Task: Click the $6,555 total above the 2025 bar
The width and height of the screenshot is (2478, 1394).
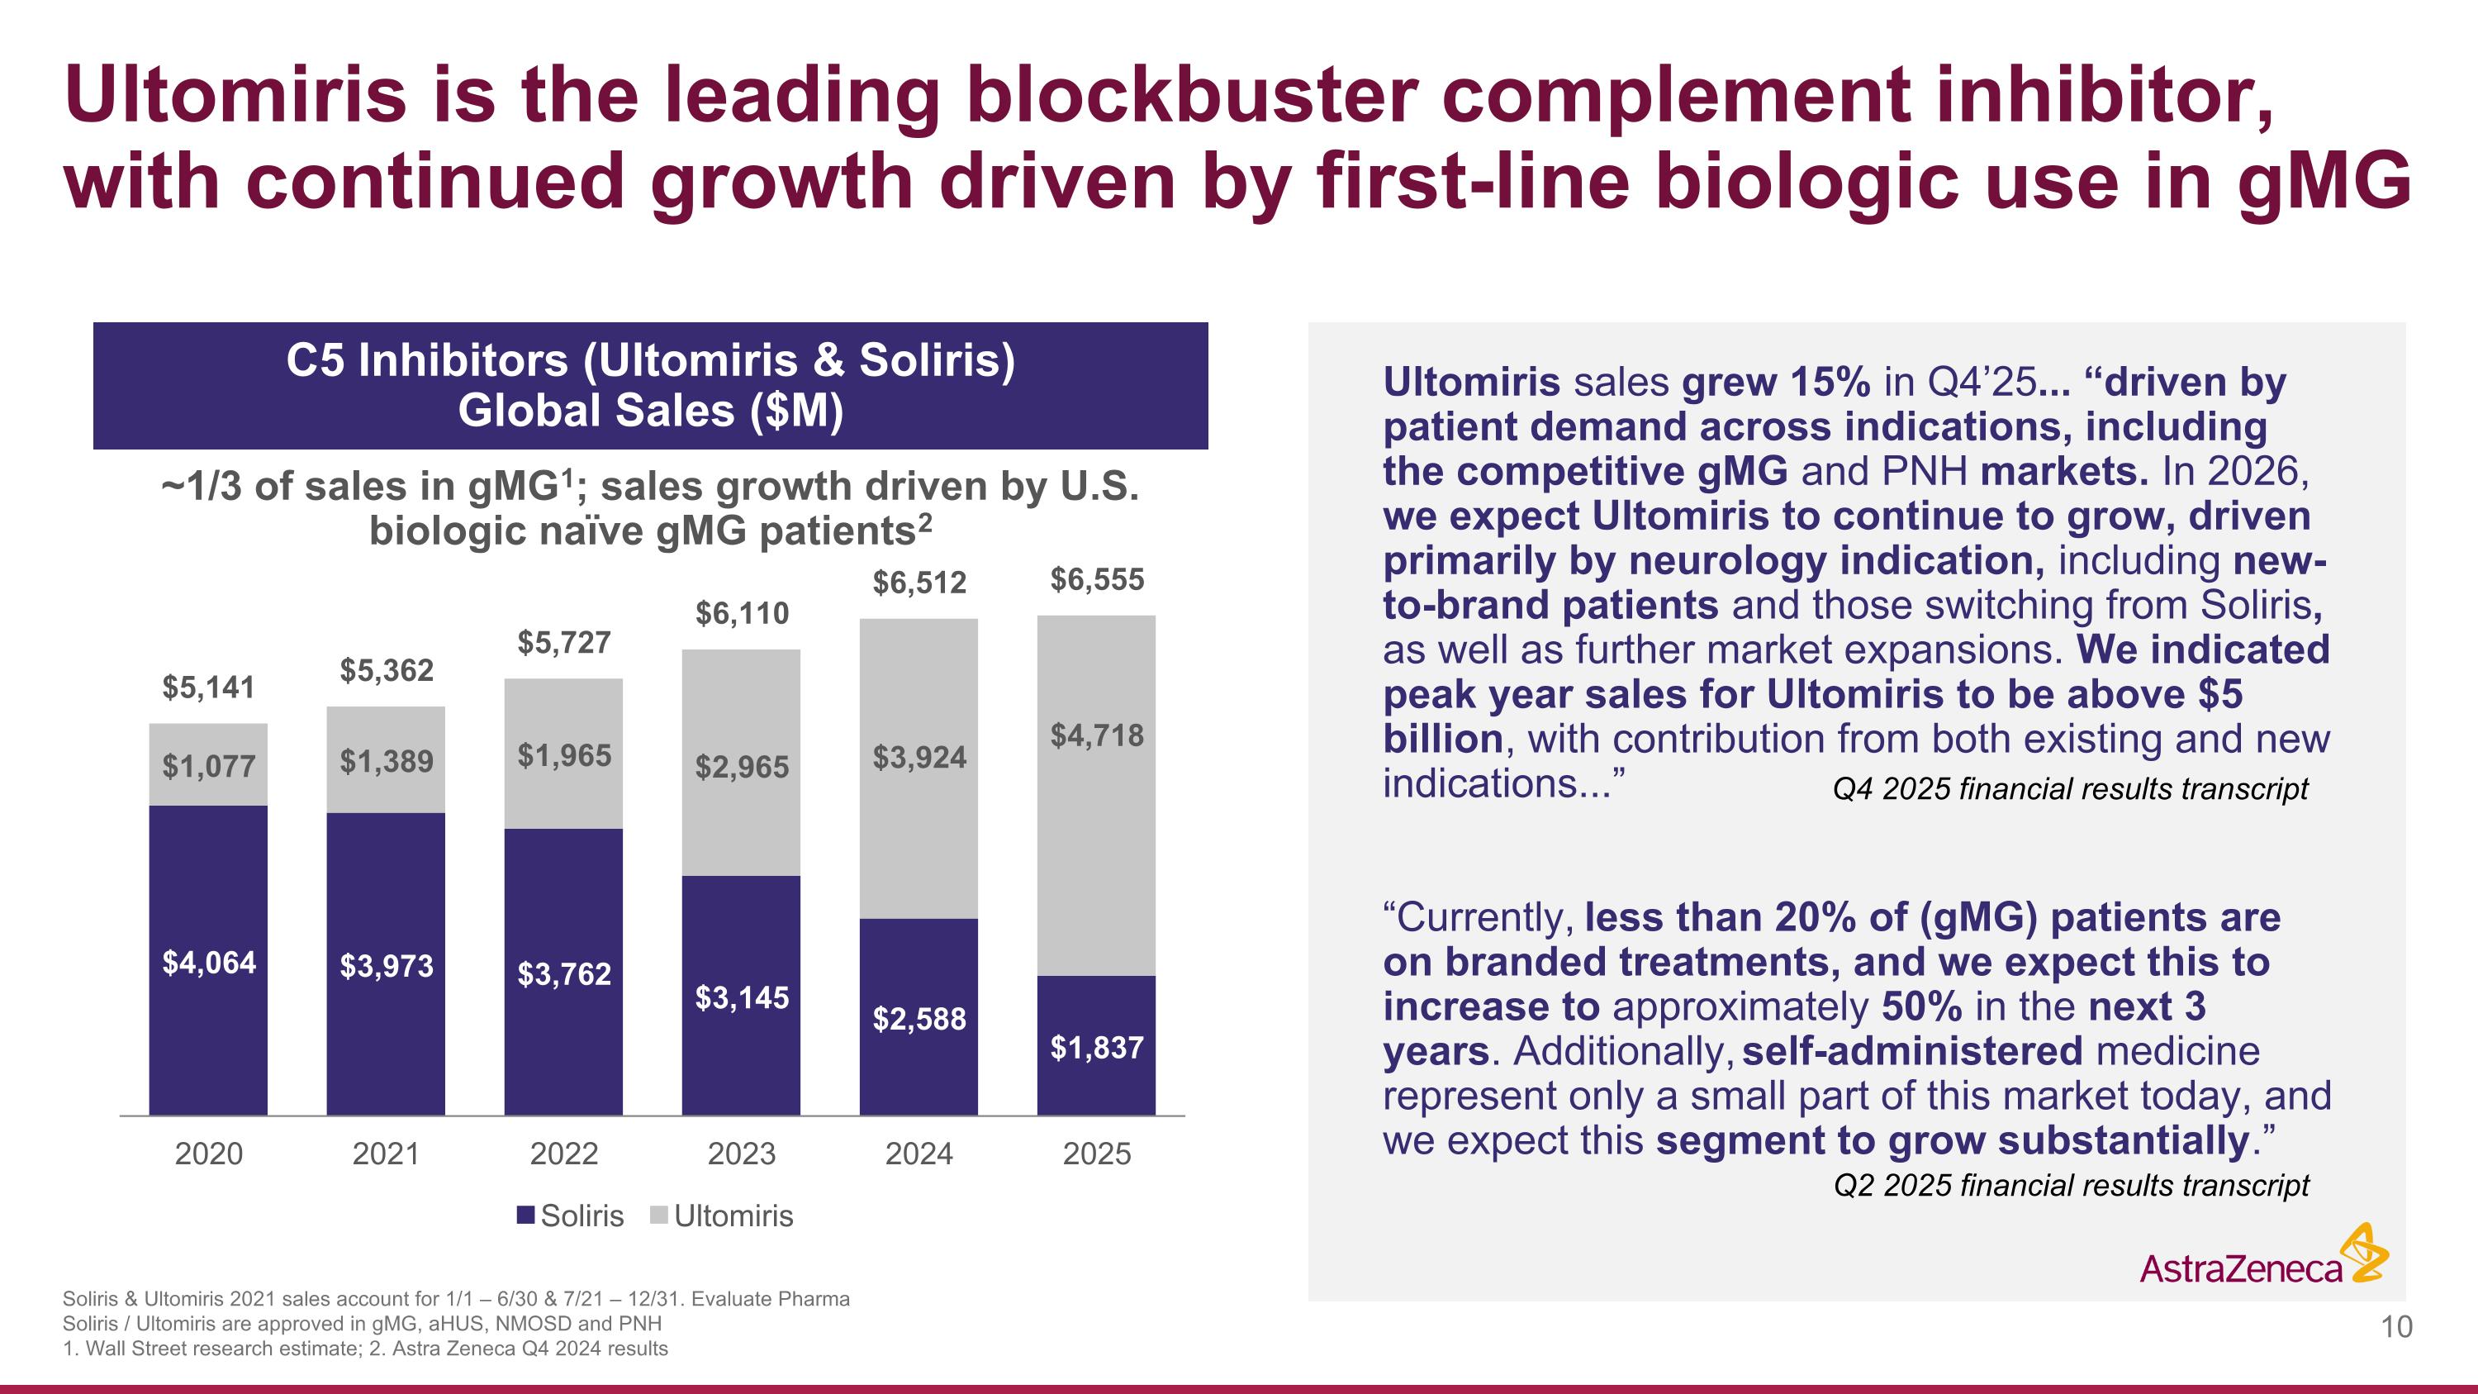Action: (1097, 580)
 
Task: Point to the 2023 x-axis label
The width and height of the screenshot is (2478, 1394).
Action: (742, 1154)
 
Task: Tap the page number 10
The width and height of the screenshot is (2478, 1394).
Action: (2396, 1328)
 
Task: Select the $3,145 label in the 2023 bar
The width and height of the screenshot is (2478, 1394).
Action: (742, 998)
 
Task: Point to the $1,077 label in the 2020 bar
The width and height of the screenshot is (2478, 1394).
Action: (208, 767)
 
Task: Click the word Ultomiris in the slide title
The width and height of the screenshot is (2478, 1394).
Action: (235, 95)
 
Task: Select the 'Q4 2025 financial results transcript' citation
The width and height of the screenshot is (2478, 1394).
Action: (2070, 790)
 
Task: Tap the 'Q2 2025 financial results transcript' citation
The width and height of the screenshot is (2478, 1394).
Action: (2071, 1185)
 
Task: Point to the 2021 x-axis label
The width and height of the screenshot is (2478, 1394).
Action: (386, 1154)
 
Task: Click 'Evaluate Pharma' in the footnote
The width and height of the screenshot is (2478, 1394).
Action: (771, 1299)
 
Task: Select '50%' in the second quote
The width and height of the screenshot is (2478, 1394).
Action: (1921, 1007)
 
